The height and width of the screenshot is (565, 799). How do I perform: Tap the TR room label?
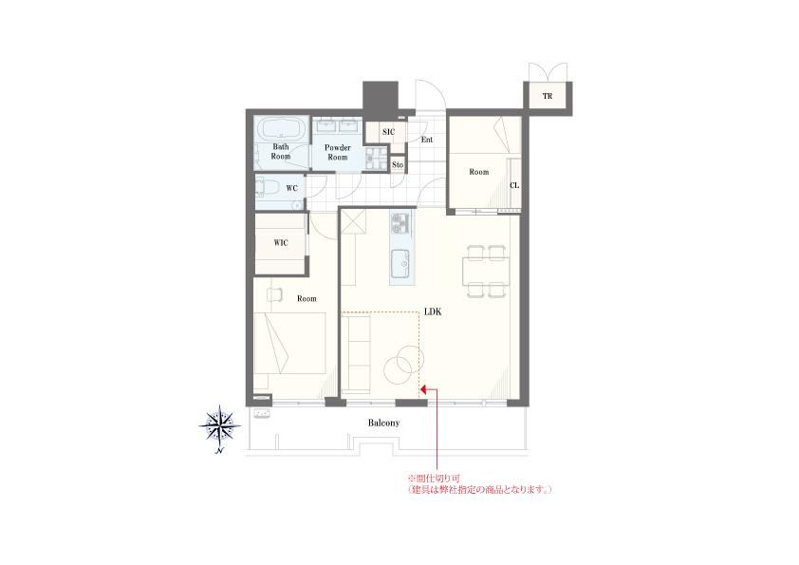548,96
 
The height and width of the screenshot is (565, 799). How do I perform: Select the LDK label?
433,311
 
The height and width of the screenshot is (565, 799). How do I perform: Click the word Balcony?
383,423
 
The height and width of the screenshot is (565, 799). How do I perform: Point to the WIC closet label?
281,243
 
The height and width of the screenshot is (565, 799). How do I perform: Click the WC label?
291,189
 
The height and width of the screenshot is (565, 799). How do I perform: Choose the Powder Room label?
337,153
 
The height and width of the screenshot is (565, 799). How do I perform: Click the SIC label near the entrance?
388,132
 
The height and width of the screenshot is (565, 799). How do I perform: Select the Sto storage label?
398,164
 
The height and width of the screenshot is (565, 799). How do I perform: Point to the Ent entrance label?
427,140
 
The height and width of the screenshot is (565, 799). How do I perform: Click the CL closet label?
514,185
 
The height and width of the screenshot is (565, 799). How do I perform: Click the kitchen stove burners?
401,223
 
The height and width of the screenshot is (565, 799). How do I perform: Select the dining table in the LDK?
486,271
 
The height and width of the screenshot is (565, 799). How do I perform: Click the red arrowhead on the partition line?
423,390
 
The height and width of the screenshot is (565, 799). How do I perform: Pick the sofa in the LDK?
355,354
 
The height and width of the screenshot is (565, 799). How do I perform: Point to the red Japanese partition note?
480,484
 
